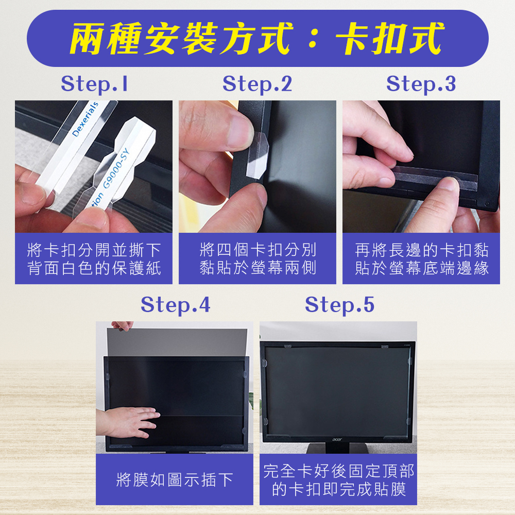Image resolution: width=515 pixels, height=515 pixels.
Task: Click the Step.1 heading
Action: click(94, 84)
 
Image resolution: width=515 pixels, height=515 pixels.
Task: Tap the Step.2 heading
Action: click(257, 84)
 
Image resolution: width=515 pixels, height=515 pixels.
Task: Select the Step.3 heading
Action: click(421, 84)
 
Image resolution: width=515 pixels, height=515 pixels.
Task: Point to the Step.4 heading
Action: click(176, 305)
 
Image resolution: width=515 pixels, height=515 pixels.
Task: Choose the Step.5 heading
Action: click(339, 305)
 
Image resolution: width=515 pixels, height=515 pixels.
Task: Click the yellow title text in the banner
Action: click(257, 39)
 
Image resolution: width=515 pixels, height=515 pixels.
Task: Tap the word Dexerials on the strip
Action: click(85, 119)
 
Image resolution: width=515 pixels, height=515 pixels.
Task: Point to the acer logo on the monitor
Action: click(337, 439)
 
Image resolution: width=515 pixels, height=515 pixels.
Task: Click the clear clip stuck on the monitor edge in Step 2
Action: click(257, 155)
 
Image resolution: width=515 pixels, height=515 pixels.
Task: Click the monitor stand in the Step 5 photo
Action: click(338, 448)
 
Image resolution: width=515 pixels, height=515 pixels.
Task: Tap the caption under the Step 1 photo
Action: click(94, 259)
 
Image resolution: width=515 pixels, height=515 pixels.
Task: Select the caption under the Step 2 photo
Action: click(258, 259)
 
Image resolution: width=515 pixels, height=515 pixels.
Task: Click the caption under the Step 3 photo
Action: click(422, 259)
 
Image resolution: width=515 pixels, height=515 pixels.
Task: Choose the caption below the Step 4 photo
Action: click(175, 480)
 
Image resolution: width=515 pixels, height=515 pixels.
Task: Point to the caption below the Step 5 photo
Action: click(339, 480)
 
